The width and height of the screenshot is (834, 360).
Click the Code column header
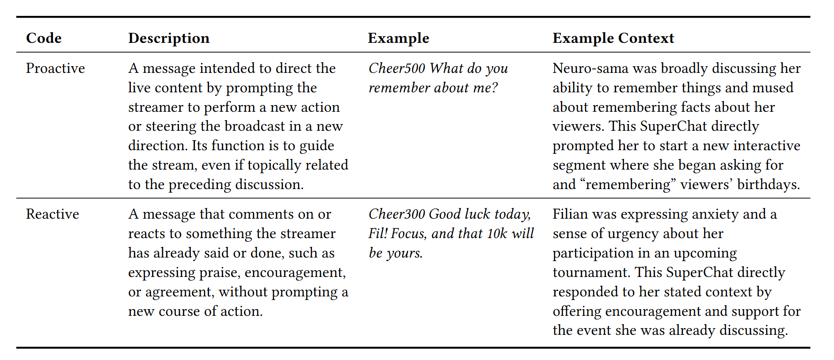coord(44,38)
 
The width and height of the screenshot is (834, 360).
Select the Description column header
coord(169,38)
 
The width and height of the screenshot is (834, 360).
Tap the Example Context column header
coord(613,38)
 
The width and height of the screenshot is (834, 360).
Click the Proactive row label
coord(55,68)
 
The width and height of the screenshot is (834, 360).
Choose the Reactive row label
coord(53,214)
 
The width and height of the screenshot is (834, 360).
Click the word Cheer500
coord(397,68)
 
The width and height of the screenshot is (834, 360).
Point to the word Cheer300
coord(397,214)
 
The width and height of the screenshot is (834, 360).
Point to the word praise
coord(220,273)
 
